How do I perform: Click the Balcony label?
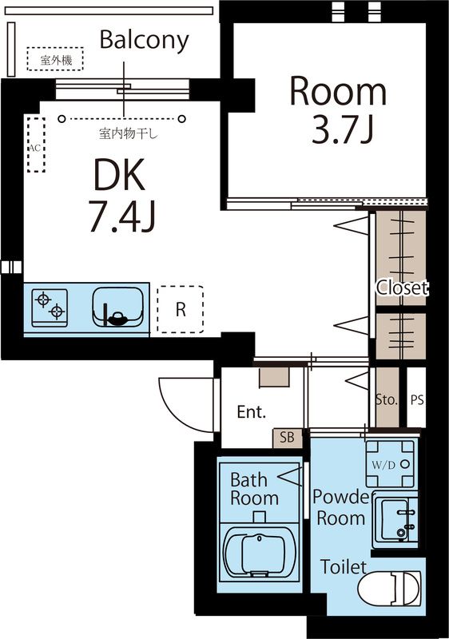[x=145, y=41]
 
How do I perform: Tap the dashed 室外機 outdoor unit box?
[x=55, y=59]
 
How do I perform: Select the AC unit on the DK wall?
[x=36, y=145]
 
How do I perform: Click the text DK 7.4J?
[x=121, y=196]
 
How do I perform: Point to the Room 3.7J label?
[x=338, y=110]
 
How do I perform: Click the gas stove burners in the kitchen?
[x=50, y=308]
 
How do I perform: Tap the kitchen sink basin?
[x=117, y=307]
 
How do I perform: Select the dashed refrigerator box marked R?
[x=180, y=309]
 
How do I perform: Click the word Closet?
[x=402, y=288]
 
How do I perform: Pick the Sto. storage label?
[x=386, y=399]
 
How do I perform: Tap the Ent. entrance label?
[x=252, y=412]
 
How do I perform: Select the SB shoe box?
[x=288, y=438]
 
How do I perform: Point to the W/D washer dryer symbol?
[x=391, y=464]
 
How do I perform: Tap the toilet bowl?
[x=389, y=589]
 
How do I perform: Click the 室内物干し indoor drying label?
[x=129, y=133]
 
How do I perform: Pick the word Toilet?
[x=343, y=567]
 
